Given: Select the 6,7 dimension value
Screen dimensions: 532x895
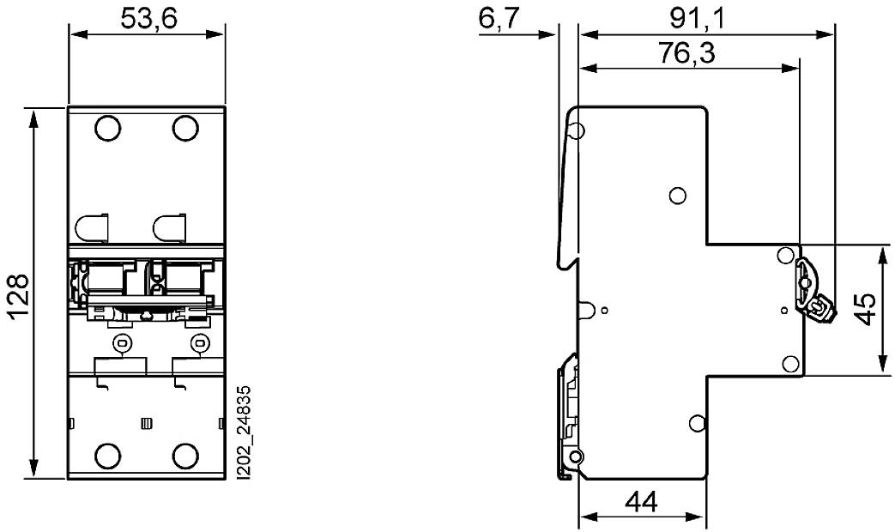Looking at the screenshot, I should (x=499, y=19).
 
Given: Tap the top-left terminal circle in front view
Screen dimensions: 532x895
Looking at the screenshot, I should (x=108, y=129).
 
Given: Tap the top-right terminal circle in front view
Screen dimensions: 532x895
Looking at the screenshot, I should (x=185, y=129).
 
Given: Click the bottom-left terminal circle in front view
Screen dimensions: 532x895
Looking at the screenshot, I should (x=108, y=456).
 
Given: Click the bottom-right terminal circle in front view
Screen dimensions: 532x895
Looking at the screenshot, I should (x=185, y=456).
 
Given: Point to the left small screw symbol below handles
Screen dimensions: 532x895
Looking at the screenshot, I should (x=121, y=344).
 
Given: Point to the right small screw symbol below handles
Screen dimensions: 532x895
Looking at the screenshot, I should (x=199, y=344).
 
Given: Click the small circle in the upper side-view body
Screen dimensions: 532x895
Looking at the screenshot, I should (x=677, y=196).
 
